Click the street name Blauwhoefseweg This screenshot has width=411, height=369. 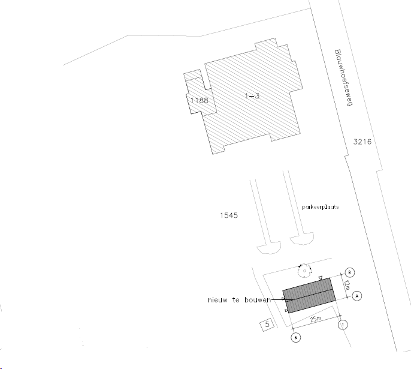click(x=344, y=77)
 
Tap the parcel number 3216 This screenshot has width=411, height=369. click(x=362, y=142)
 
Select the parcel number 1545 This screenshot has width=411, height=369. click(x=229, y=215)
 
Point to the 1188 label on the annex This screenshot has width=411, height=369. click(x=200, y=101)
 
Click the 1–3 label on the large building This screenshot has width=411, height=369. click(x=252, y=96)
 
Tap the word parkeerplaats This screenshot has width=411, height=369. click(x=321, y=207)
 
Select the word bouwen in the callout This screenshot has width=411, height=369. click(x=258, y=300)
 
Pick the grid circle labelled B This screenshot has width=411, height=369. click(x=349, y=272)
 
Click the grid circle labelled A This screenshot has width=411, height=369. click(x=356, y=296)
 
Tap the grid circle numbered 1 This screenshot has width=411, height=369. click(x=343, y=325)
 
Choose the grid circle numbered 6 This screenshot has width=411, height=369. click(x=296, y=338)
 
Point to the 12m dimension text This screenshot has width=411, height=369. click(x=346, y=285)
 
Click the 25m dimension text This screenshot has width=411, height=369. click(x=316, y=319)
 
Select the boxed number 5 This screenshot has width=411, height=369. click(x=267, y=325)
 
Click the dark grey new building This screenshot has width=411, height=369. click(x=309, y=296)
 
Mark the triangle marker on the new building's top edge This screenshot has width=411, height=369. click(x=321, y=278)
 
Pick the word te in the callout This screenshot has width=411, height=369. click(x=235, y=300)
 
